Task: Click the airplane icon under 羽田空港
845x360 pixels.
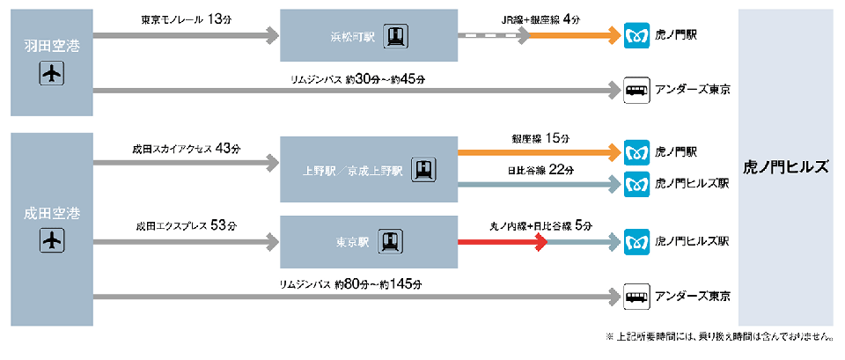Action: click(52, 74)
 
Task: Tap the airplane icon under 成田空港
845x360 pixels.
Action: click(52, 239)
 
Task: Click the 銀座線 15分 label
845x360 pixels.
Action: click(540, 138)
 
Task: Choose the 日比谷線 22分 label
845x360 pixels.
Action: click(540, 169)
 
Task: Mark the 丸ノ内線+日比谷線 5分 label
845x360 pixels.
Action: click(540, 225)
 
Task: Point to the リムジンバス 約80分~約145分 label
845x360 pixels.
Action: click(350, 284)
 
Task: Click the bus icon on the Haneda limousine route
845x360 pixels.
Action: click(636, 90)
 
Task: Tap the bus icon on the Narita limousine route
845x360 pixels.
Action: click(636, 297)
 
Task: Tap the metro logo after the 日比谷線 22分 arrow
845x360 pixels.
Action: click(636, 184)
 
